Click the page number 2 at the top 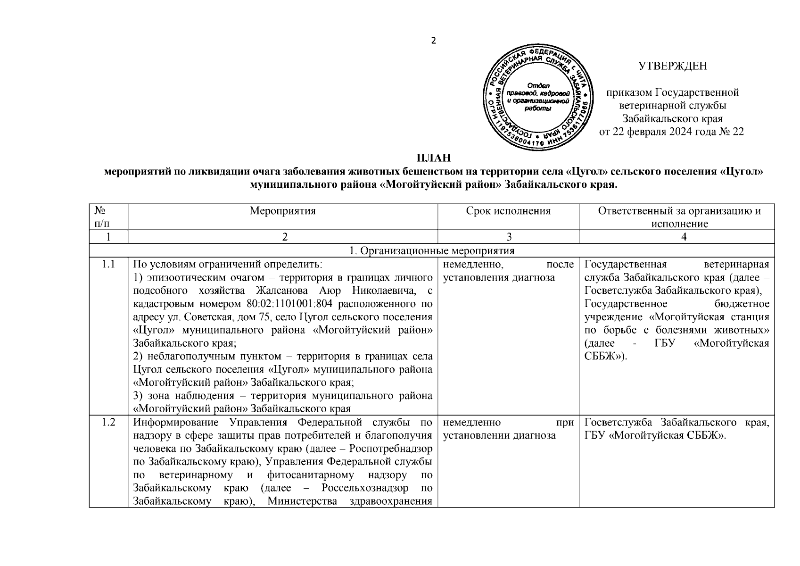(x=434, y=41)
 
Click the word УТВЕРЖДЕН (x=673, y=66)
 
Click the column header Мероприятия (x=282, y=211)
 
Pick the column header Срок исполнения (x=508, y=211)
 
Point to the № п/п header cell (x=108, y=217)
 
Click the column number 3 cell (x=508, y=237)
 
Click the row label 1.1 (x=108, y=264)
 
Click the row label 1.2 (x=108, y=422)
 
